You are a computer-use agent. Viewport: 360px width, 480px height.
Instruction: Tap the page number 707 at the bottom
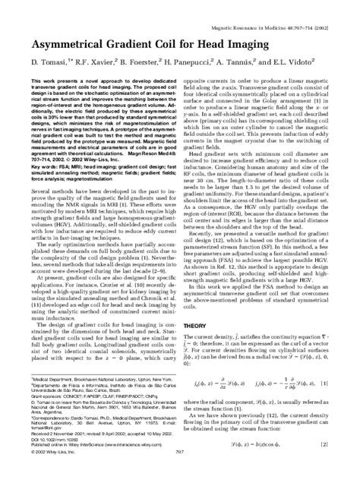(180, 473)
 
